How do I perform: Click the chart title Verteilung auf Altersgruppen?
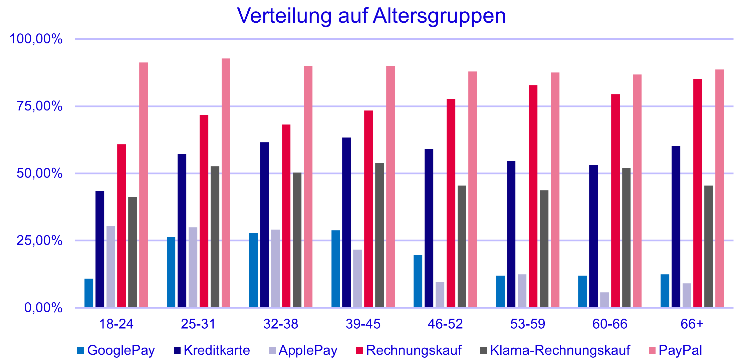371,16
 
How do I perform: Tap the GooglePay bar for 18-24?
89,293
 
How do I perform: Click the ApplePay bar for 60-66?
604,300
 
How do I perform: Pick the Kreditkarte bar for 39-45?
347,222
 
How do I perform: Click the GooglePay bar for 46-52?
418,281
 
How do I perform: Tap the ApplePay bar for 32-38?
275,268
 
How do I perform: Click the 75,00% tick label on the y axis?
39,106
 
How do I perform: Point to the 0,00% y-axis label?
43,308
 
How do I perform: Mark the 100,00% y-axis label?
36,39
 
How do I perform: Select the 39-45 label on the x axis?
363,324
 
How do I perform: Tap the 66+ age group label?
692,324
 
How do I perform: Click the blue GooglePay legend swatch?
80,351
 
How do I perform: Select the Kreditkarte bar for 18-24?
100,249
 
